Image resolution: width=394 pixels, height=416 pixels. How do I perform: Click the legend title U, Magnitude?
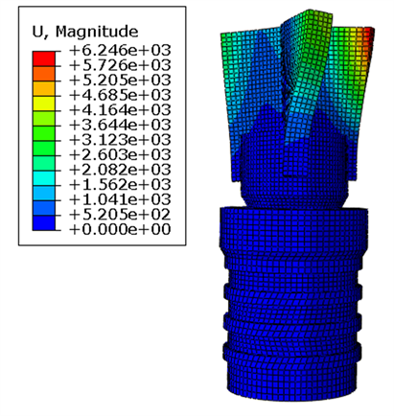[x=85, y=32]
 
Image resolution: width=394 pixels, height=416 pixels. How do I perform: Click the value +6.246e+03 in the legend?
[x=120, y=50]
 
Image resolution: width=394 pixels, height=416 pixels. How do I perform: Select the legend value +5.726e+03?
[x=120, y=65]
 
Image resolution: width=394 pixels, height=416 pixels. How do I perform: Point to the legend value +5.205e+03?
[x=120, y=80]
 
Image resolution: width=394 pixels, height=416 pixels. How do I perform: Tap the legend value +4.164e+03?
[x=120, y=110]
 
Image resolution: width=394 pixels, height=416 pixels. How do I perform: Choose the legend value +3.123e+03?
[x=120, y=140]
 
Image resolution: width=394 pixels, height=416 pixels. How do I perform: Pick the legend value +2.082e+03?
[x=120, y=170]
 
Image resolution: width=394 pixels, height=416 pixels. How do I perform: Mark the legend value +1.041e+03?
[x=120, y=199]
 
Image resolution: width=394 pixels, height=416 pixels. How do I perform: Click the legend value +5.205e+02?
[x=120, y=215]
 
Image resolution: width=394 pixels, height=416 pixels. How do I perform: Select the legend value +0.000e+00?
[x=120, y=229]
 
